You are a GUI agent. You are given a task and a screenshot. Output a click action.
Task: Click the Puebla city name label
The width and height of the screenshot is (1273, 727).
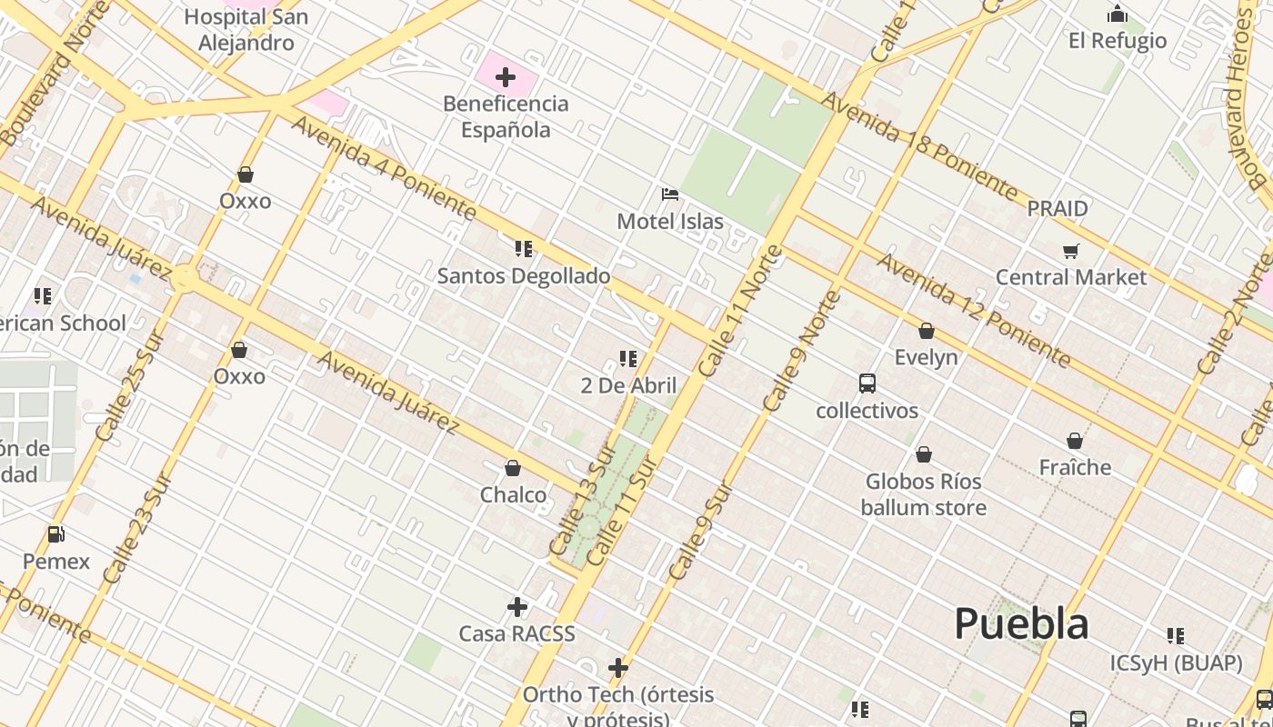coord(1021,624)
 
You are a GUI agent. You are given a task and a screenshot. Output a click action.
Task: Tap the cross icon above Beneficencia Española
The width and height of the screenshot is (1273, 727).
coord(506,77)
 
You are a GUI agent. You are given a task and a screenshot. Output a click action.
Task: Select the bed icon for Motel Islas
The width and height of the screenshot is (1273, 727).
coord(670,194)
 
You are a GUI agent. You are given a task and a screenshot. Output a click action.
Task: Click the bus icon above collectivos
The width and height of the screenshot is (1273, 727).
coord(867,383)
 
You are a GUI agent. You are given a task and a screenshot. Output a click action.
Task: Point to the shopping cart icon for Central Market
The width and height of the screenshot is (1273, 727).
coord(1071,251)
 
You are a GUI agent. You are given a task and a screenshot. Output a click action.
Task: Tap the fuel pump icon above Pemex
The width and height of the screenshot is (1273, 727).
coord(56,534)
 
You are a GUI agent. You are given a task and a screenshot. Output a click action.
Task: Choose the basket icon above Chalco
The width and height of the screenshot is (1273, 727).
coord(513,468)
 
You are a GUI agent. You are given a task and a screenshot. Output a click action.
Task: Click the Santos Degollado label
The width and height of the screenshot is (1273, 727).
coord(524,275)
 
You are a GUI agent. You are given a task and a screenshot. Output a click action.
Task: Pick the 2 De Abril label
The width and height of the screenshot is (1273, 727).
coord(628,385)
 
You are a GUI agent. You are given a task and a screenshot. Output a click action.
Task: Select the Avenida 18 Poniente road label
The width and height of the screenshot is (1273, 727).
coord(919,145)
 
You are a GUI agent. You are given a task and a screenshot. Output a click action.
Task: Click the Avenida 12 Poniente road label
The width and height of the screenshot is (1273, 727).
coord(973,310)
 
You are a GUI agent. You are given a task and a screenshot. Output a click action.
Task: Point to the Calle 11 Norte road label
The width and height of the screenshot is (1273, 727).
coord(742,311)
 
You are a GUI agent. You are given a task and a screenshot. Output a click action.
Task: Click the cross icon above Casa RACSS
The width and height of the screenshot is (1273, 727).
coord(517,606)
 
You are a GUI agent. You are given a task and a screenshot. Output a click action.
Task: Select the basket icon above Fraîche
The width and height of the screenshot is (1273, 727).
coord(1075,441)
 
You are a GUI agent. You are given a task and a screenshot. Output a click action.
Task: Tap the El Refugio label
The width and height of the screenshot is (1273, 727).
coord(1118,41)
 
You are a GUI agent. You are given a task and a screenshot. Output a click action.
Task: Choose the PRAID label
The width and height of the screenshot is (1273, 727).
coord(1057,209)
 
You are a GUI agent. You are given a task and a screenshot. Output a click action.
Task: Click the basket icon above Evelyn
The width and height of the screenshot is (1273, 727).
coord(927,331)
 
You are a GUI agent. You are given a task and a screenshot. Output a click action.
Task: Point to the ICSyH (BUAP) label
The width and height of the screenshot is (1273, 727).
coord(1176,663)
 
